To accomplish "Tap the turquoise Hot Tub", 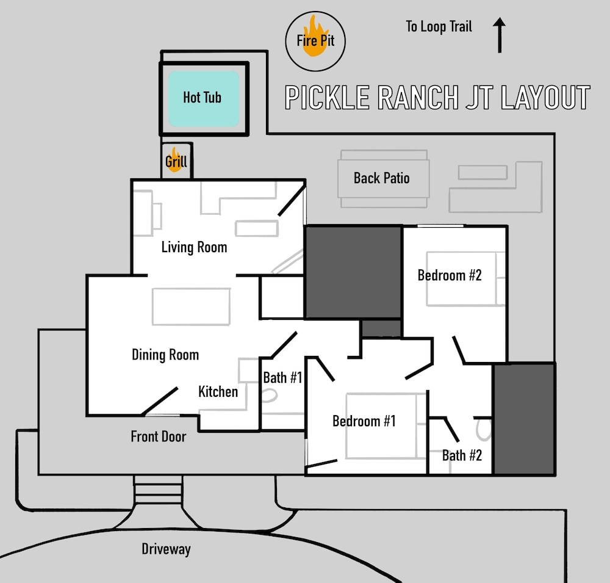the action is (204, 98).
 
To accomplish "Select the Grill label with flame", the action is (176, 161).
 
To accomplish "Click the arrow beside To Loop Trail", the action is (500, 35).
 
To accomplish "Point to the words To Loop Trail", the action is (439, 27).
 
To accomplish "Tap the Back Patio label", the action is (382, 178).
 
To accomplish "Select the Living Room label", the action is (194, 247).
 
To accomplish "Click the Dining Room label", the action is (165, 355).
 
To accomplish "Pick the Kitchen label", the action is (218, 392).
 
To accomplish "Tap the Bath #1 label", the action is (282, 378).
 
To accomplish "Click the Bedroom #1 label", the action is (364, 421).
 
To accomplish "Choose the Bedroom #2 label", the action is (450, 275).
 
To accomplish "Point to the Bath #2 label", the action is (462, 455).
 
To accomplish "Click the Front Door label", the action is (159, 436).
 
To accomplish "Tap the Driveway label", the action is (166, 549).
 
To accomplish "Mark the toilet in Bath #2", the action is (484, 430).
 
